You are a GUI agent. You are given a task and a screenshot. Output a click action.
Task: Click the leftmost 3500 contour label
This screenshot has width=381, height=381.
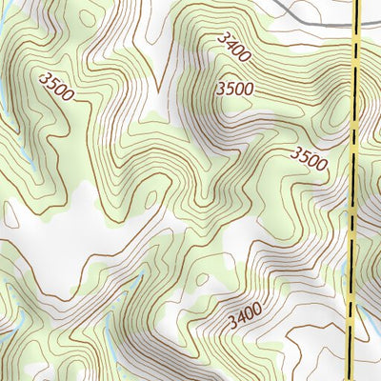coord(57,86)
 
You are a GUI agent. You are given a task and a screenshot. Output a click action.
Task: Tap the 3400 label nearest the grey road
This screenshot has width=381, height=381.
coord(232,47)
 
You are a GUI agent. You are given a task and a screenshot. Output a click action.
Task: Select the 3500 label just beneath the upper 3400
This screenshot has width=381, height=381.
coord(235,90)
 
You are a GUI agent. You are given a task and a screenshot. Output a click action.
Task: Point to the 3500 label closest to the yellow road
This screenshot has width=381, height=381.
coord(309,158)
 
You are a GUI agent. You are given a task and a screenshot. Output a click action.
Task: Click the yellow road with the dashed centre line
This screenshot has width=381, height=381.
coord(355,190)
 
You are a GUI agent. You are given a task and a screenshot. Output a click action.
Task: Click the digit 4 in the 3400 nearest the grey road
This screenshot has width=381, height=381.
coord(230,44)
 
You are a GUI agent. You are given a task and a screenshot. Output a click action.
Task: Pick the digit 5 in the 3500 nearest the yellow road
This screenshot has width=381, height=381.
coord(304,154)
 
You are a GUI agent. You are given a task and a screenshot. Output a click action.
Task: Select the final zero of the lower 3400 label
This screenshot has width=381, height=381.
coord(257,306)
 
